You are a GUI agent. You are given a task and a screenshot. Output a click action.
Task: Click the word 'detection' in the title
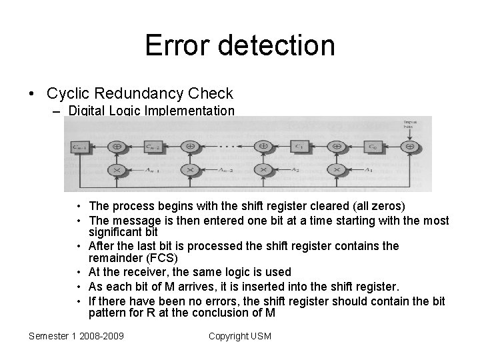276,45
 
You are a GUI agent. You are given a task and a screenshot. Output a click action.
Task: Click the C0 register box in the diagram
374,145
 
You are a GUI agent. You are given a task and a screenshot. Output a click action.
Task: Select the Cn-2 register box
153,145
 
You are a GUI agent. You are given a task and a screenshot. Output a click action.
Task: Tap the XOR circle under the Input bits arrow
411,145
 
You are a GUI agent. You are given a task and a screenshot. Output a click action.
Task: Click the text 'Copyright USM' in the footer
240,336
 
